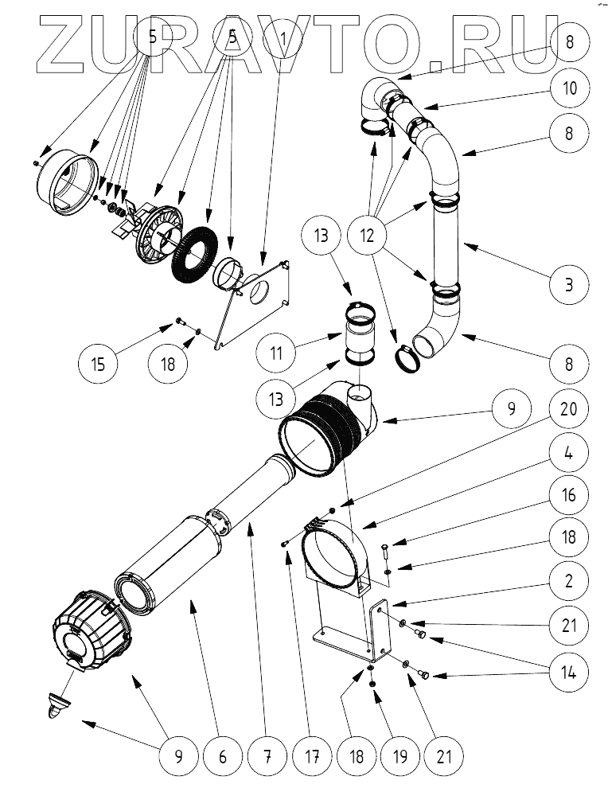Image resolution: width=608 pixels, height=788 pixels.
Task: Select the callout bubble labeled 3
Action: (x=568, y=284)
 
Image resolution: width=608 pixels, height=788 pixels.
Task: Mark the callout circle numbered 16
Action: (x=568, y=494)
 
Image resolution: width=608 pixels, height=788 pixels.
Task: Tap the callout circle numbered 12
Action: (x=372, y=236)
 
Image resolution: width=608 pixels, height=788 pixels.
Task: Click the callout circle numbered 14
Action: (x=568, y=671)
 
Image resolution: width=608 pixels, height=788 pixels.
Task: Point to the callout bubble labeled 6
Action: (x=222, y=755)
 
